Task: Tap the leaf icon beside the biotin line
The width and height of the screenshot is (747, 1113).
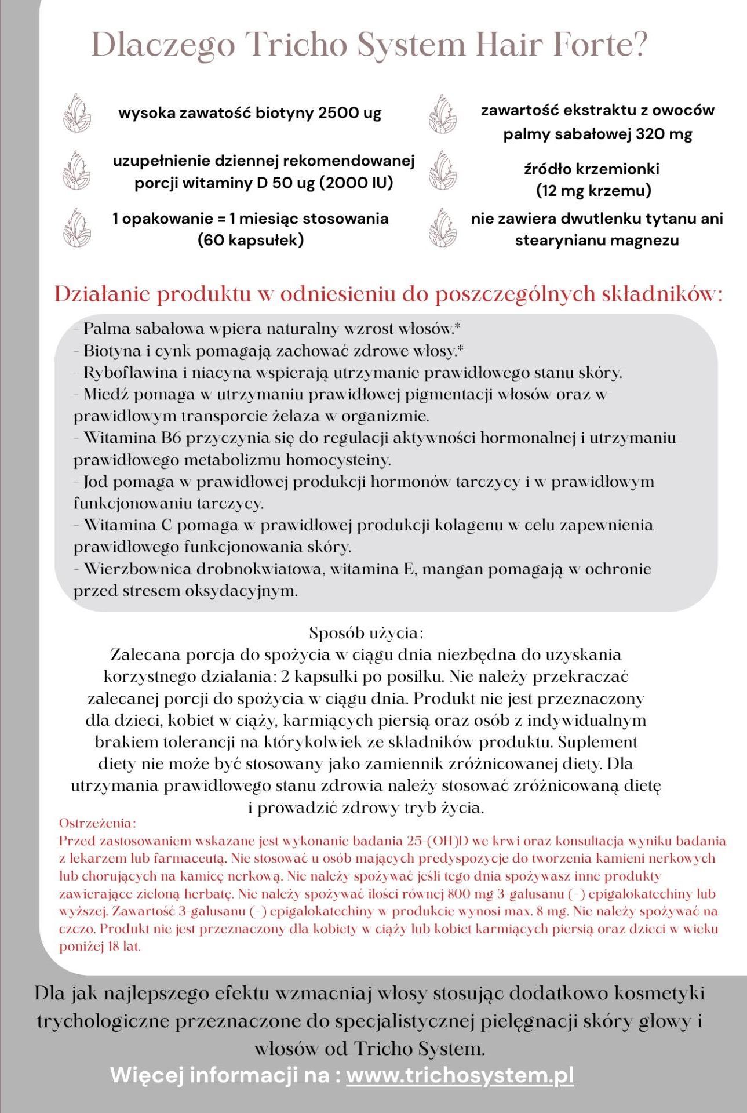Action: tap(76, 112)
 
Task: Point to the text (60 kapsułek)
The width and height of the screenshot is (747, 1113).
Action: tap(250, 240)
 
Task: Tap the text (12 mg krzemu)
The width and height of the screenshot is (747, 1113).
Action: tap(593, 191)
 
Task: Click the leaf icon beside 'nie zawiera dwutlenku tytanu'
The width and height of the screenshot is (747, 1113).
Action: tap(442, 228)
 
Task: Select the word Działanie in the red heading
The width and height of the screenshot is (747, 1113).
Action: tap(102, 294)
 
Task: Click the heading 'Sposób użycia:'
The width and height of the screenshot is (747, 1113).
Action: tap(366, 632)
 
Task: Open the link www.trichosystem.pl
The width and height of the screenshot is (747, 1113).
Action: tap(460, 1075)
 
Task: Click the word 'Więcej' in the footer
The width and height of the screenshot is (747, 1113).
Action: tap(147, 1075)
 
